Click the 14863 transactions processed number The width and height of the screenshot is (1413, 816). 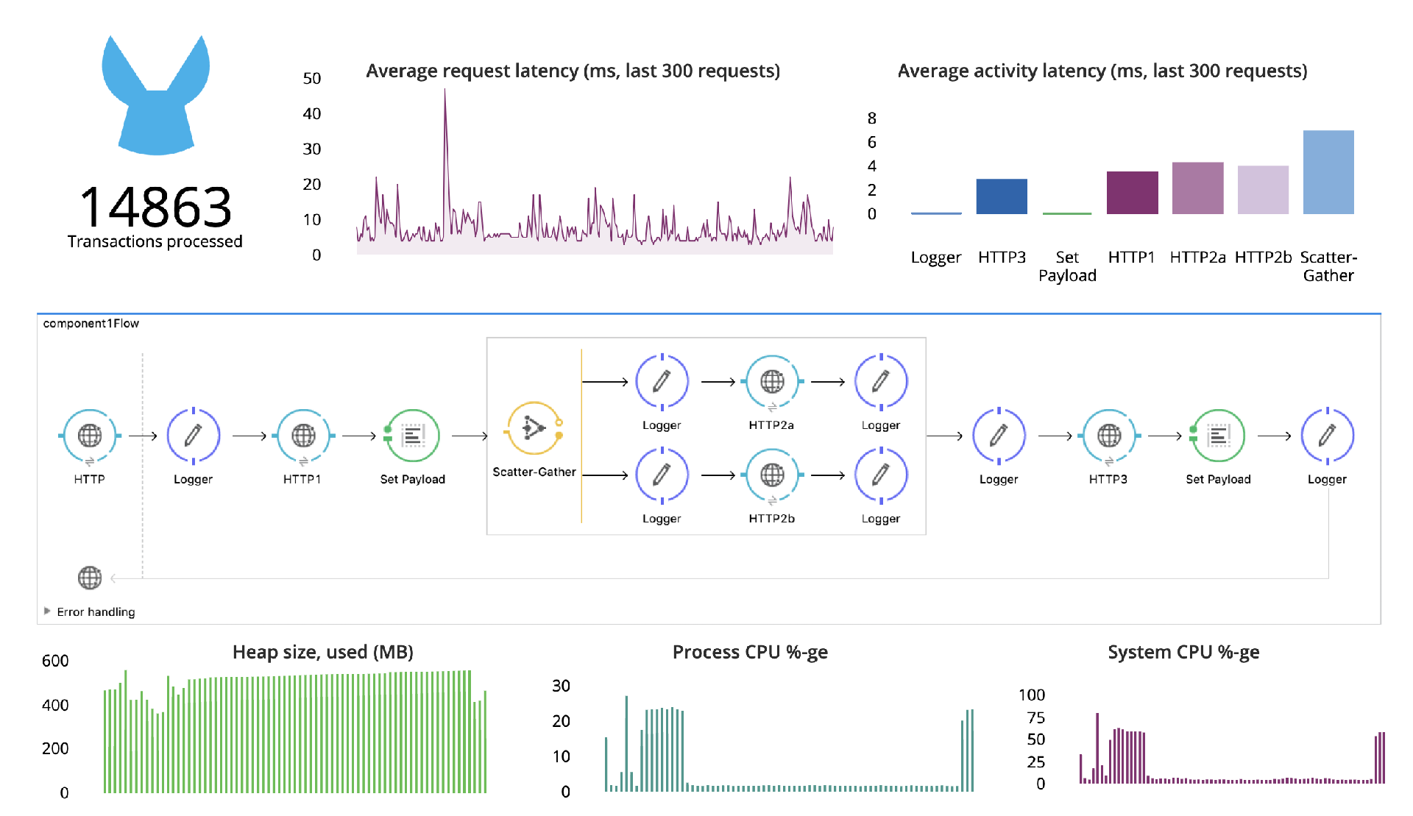click(155, 207)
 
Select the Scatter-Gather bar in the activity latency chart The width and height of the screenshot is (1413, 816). click(1328, 173)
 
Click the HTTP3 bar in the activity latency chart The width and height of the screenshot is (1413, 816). click(1001, 196)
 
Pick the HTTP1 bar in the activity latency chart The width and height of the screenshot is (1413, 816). click(1132, 193)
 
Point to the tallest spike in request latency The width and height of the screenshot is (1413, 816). click(445, 92)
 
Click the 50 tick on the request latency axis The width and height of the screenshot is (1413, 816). click(312, 79)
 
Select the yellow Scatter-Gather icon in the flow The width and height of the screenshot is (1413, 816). click(534, 428)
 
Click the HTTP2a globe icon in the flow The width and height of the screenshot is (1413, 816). click(772, 382)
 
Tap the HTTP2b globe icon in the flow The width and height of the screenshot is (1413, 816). click(772, 475)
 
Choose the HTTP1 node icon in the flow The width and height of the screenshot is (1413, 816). click(303, 436)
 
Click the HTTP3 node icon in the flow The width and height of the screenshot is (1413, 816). click(1109, 436)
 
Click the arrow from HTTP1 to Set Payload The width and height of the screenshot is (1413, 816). click(359, 436)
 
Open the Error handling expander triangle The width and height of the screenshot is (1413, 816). click(47, 611)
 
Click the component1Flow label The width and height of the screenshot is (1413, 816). click(91, 324)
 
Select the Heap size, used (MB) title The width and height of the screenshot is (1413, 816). click(322, 653)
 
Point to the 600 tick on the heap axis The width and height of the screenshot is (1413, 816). click(55, 661)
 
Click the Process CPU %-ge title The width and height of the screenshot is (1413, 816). click(750, 653)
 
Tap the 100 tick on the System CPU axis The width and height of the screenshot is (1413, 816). click(1031, 695)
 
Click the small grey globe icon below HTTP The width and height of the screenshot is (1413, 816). click(90, 578)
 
